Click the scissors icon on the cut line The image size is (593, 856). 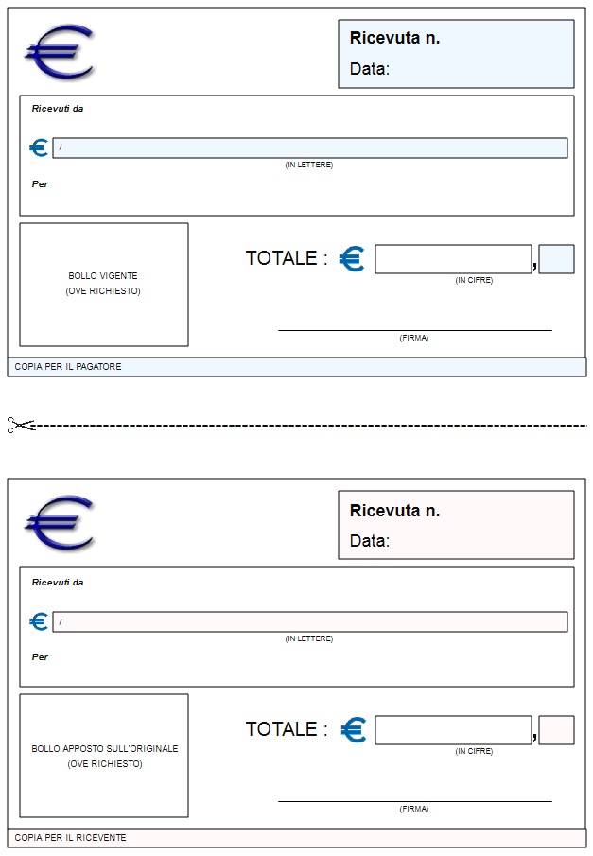[21, 425]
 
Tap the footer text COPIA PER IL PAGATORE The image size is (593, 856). [68, 367]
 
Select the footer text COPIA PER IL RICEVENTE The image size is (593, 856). [70, 837]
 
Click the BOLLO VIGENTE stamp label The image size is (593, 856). [103, 275]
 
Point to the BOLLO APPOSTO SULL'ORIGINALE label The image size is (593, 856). [105, 748]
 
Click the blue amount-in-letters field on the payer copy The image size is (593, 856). [310, 148]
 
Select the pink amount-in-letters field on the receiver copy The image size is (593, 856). [310, 621]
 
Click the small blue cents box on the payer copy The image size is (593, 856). [556, 259]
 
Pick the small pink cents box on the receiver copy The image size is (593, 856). [556, 730]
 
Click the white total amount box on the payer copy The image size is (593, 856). [453, 259]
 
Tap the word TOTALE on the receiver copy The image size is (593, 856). [281, 729]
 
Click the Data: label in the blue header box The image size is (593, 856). [370, 69]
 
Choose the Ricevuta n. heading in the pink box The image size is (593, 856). [394, 511]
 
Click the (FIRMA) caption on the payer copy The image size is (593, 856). [414, 338]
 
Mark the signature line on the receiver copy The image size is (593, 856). [415, 801]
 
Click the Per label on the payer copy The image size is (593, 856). [40, 184]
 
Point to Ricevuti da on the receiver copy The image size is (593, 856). [58, 583]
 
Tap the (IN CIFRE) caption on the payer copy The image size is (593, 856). [474, 280]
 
